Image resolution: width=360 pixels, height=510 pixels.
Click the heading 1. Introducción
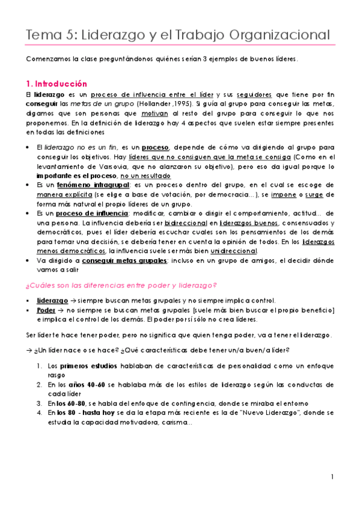tap(56, 84)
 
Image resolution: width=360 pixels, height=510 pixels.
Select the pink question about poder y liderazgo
tap(122, 284)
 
